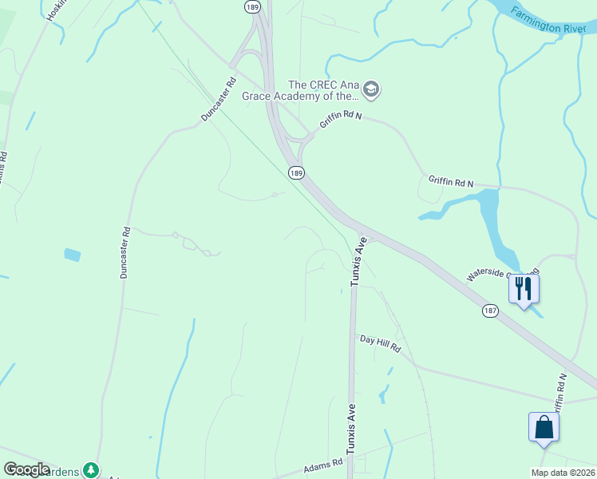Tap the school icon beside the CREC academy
(371, 90)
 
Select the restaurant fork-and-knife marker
(524, 288)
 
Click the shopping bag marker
(544, 426)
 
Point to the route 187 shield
(490, 310)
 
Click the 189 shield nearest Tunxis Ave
(296, 172)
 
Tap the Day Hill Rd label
(379, 344)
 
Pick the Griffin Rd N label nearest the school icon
(341, 121)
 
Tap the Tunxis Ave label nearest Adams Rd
(350, 430)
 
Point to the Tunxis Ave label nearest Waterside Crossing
(358, 260)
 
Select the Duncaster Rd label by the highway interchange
(219, 100)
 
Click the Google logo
(26, 469)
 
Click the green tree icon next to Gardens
(93, 470)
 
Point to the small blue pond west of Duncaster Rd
(72, 255)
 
